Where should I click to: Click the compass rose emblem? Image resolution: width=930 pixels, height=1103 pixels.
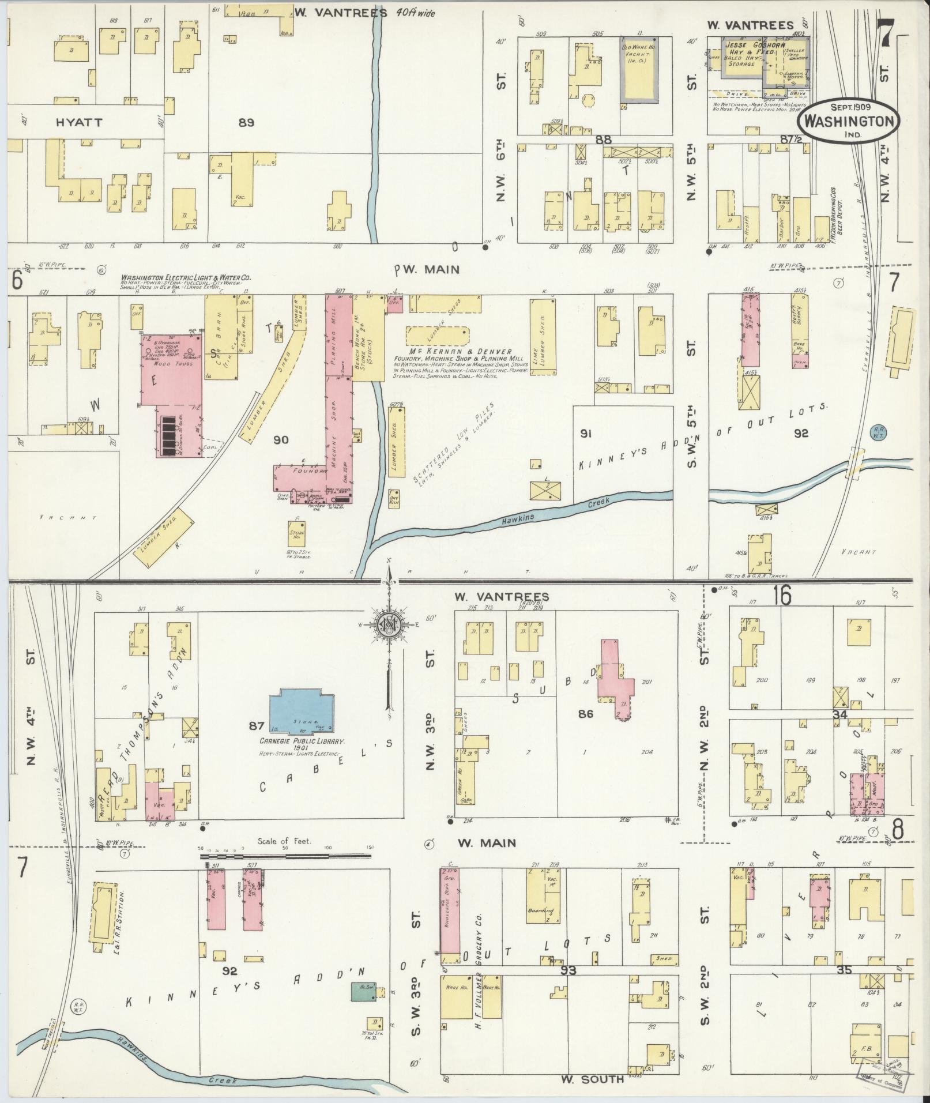390,624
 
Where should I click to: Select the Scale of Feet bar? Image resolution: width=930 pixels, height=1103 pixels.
286,857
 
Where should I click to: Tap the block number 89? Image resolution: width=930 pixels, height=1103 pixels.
246,122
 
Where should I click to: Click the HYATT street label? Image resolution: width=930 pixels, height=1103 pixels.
79,122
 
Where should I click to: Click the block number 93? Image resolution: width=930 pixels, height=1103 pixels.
570,971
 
